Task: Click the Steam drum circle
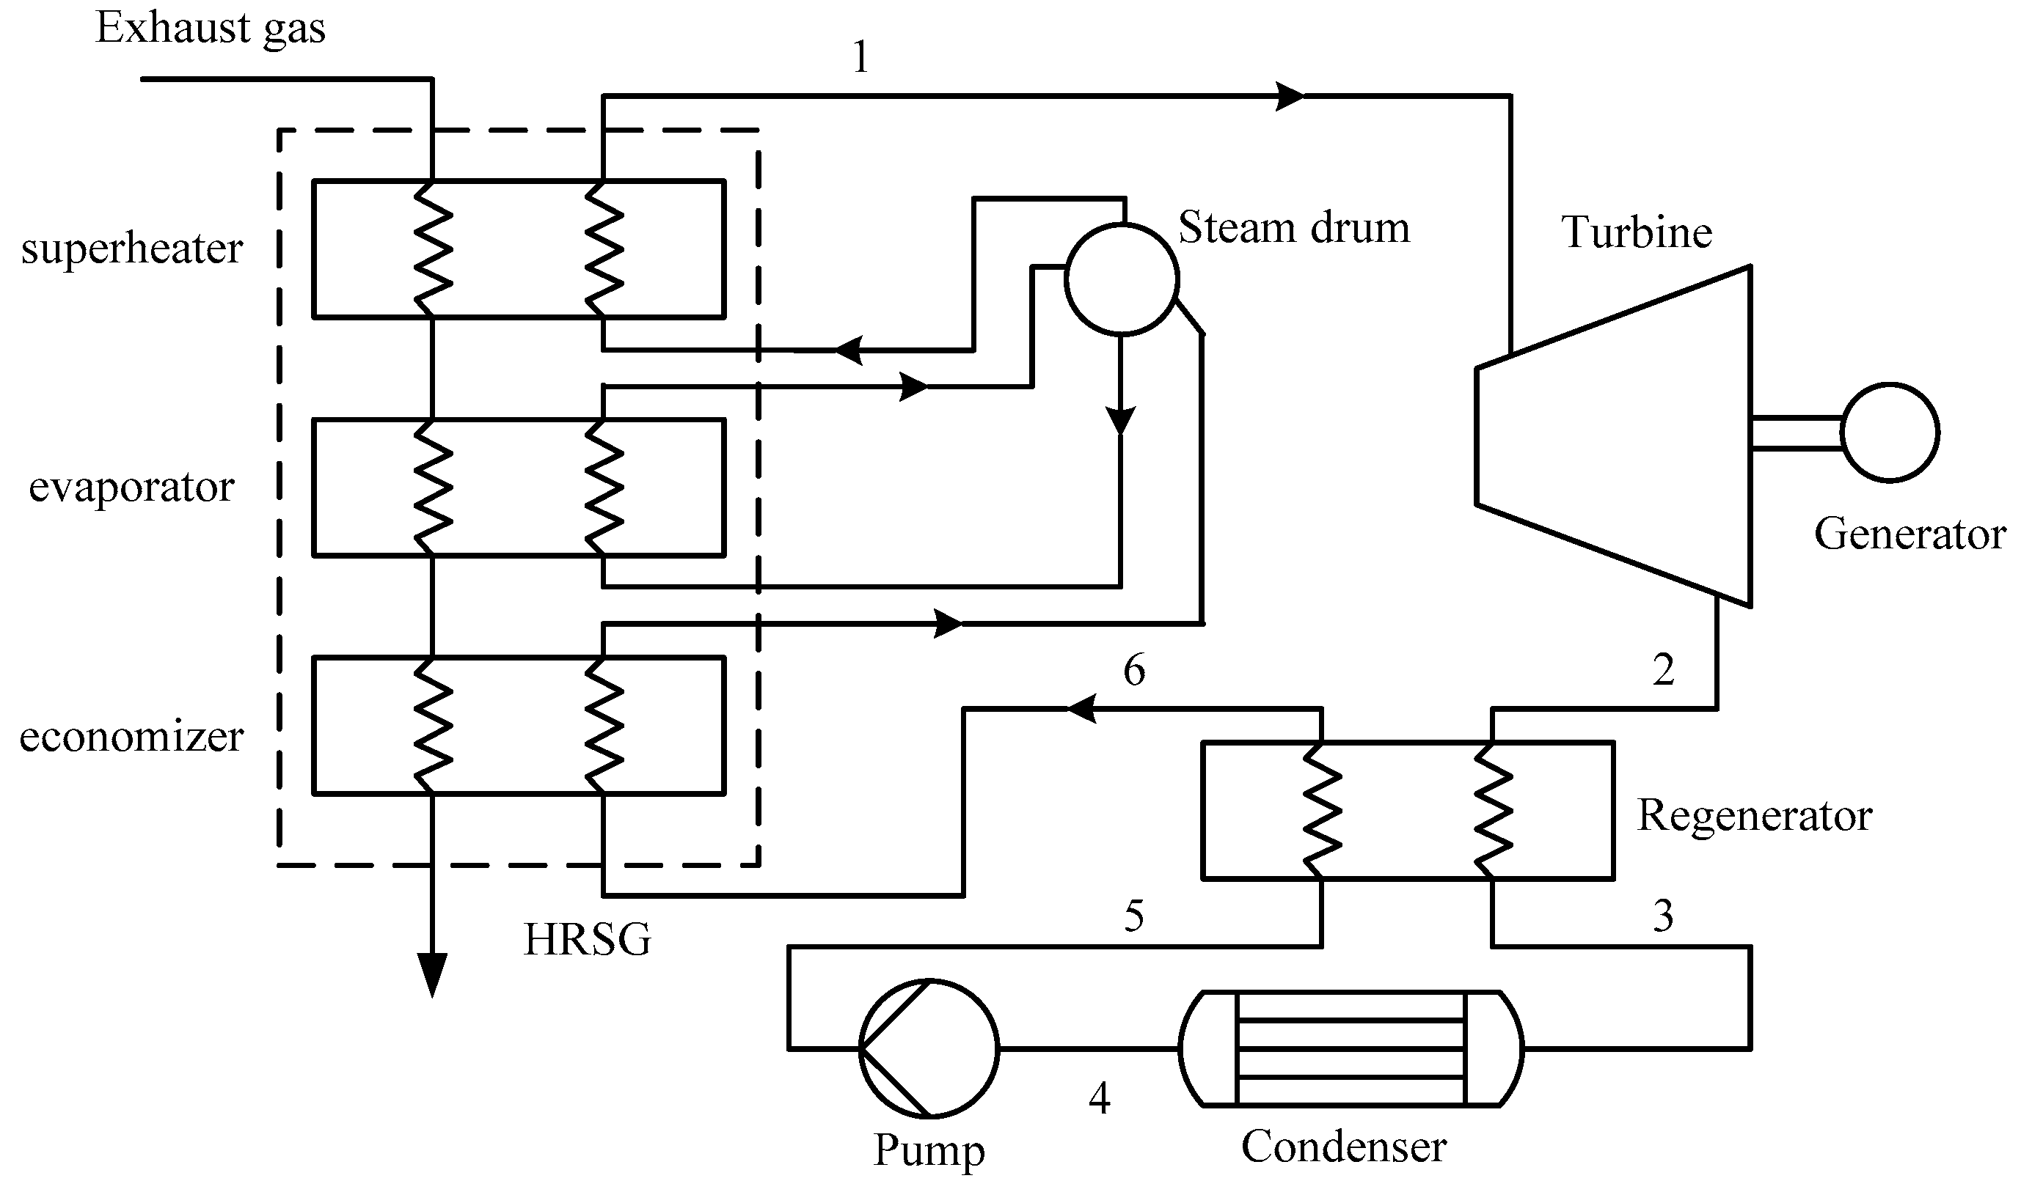(x=1122, y=278)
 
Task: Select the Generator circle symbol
(x=1889, y=432)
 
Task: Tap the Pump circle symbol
(x=929, y=1048)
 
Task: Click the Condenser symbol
(x=1351, y=1049)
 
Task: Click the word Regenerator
(x=1754, y=815)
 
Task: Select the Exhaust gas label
(x=211, y=27)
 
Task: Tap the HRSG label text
(x=587, y=939)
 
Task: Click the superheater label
(x=131, y=249)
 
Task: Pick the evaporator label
(x=131, y=487)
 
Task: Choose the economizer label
(x=131, y=736)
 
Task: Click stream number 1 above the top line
(x=860, y=58)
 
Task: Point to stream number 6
(x=1134, y=670)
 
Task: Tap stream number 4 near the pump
(x=1100, y=1098)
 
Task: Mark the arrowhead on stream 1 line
(x=1289, y=95)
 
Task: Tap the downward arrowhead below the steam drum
(x=1120, y=420)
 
